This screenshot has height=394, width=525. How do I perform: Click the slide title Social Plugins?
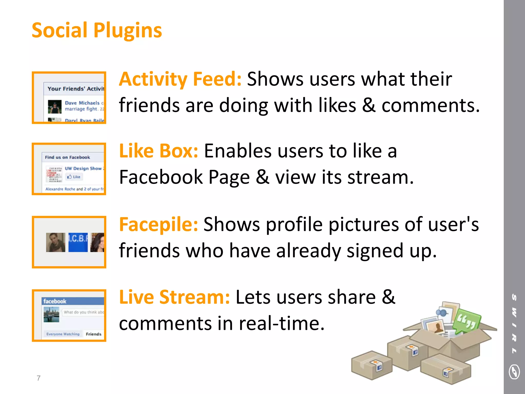(97, 31)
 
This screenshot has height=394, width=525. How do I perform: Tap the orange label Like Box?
(158, 151)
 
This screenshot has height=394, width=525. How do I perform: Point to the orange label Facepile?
(158, 224)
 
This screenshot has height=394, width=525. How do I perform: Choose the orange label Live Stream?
(174, 297)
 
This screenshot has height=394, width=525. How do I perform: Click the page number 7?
(39, 378)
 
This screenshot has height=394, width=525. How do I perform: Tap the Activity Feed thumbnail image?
(69, 98)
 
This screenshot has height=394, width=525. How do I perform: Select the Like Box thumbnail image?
(69, 169)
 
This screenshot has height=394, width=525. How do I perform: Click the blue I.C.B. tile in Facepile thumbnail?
(78, 242)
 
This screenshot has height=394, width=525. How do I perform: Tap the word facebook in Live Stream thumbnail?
(55, 301)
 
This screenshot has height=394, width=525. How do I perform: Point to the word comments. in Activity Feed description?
(430, 106)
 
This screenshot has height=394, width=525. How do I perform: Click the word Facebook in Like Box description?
(161, 177)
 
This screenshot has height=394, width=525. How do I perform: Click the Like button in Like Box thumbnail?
(74, 177)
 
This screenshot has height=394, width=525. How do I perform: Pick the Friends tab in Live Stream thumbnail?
(94, 334)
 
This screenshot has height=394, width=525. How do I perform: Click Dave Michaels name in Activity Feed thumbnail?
(82, 103)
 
